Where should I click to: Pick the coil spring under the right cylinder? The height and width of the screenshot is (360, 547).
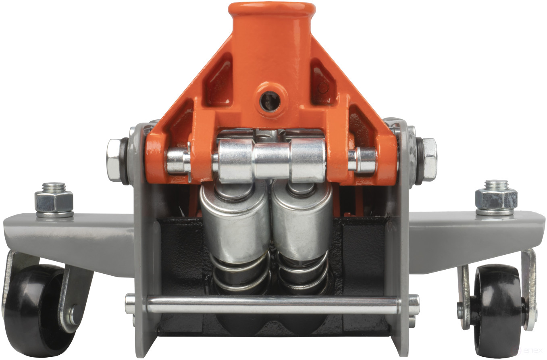tap(302, 274)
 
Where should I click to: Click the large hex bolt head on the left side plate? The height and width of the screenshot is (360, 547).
tap(116, 160)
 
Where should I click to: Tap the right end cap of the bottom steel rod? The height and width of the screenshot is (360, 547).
tap(414, 304)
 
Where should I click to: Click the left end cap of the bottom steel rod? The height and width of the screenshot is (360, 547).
tap(130, 304)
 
